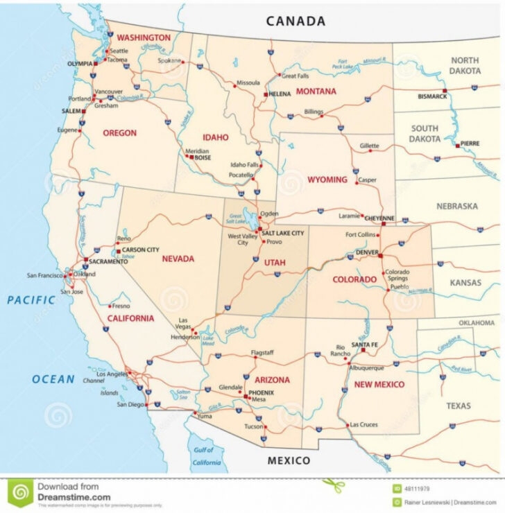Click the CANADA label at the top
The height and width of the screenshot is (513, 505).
tap(296, 21)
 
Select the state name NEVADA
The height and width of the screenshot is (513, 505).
tap(178, 259)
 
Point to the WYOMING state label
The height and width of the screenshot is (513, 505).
tap(327, 180)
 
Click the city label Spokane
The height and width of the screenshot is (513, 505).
tap(169, 60)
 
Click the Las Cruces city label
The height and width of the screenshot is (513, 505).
tap(363, 424)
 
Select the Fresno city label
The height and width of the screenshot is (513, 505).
tap(121, 306)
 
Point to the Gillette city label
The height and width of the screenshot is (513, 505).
tap(370, 146)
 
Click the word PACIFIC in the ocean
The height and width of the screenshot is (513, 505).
tap(31, 300)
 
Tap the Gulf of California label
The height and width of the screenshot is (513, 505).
tap(206, 456)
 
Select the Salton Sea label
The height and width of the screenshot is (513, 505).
tap(183, 394)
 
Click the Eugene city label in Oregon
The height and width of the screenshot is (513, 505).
tap(68, 130)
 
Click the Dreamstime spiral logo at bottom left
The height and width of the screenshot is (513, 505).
tap(19, 493)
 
